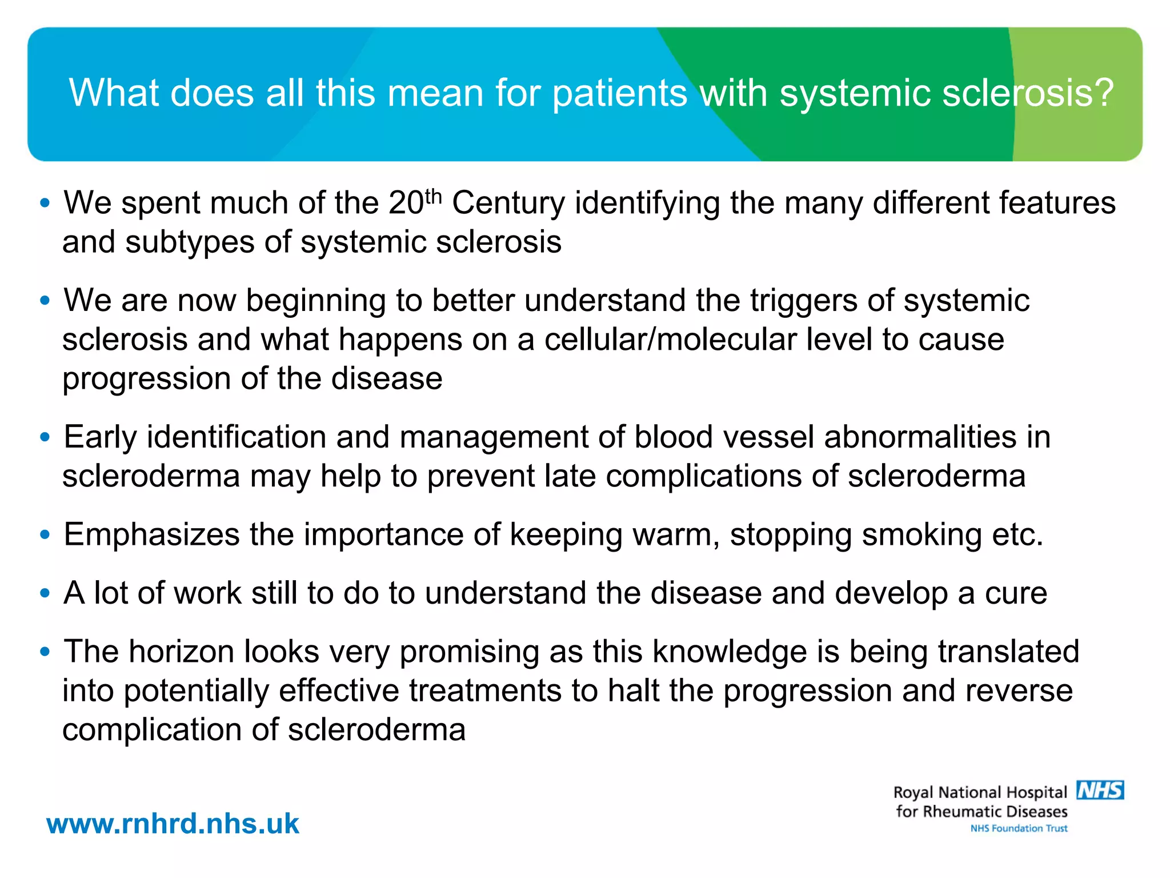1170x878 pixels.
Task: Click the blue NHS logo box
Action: click(x=1100, y=790)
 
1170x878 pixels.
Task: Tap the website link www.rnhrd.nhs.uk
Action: click(x=173, y=824)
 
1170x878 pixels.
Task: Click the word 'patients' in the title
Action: click(x=620, y=93)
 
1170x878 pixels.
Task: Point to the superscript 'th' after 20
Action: click(x=434, y=195)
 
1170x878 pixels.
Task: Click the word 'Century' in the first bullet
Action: click(x=508, y=203)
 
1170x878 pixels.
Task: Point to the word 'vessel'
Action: click(x=769, y=437)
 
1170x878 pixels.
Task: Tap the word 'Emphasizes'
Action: click(x=151, y=535)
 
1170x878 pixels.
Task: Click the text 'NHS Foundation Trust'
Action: click(x=1019, y=828)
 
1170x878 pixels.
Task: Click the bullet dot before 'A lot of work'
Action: click(x=45, y=593)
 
